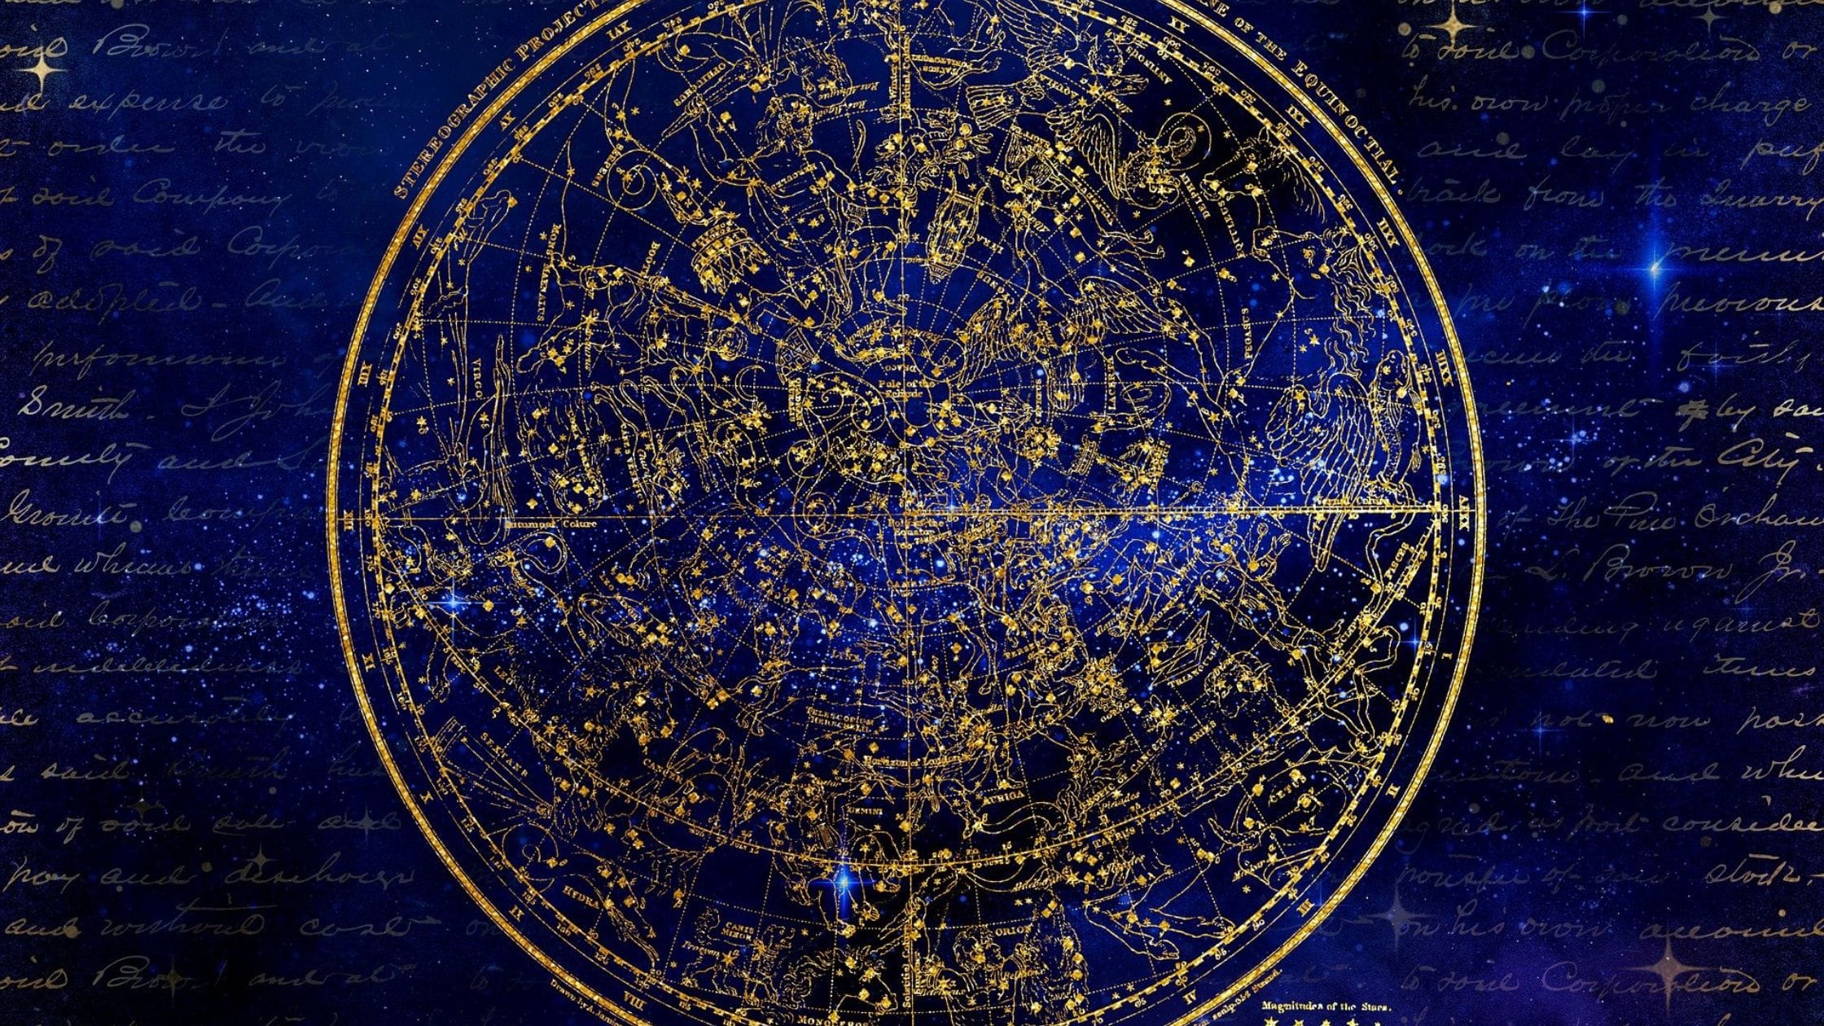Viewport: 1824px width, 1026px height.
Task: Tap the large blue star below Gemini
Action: (844, 880)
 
